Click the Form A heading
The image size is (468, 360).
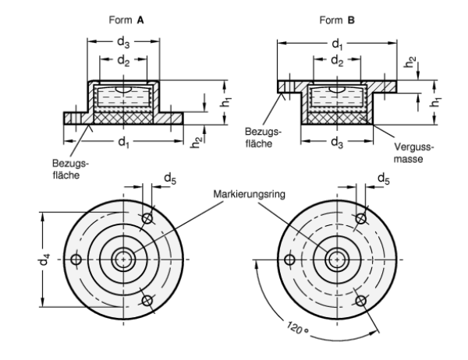(126, 20)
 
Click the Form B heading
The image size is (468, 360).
(337, 20)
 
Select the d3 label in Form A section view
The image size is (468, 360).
(123, 42)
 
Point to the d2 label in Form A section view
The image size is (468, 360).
(123, 61)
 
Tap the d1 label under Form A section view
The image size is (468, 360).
(124, 142)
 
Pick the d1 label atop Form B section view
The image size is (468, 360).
(337, 44)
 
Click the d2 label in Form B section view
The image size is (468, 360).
(337, 61)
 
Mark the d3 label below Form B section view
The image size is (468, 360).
(337, 143)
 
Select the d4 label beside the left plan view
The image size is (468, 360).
(44, 259)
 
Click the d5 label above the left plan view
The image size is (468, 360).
(170, 178)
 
